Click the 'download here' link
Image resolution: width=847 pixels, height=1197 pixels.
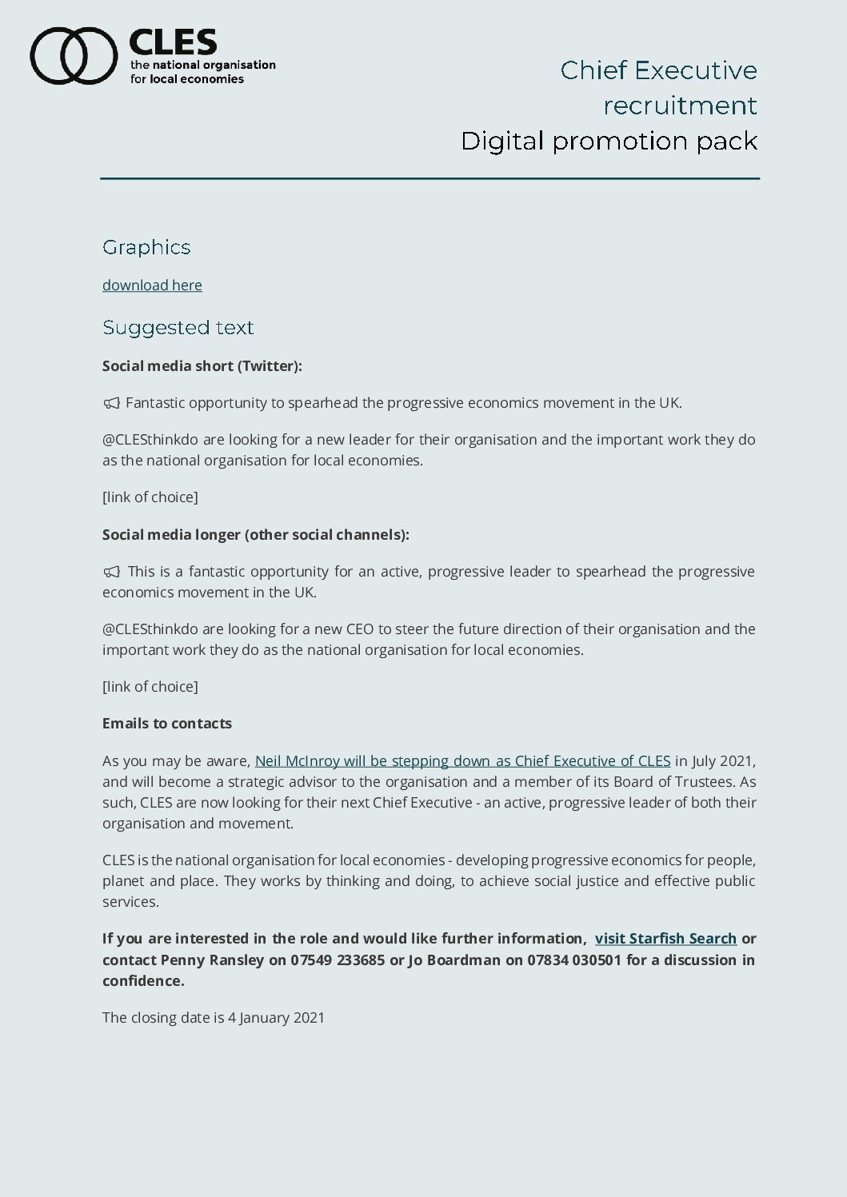pos(152,285)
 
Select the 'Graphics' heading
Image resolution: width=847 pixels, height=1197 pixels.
pos(146,247)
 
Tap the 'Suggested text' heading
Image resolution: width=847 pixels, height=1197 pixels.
pos(178,328)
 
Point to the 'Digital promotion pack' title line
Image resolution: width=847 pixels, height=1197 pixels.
pos(609,141)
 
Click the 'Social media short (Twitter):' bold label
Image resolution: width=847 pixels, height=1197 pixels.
pos(202,366)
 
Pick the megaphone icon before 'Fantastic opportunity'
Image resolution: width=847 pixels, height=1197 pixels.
pos(111,403)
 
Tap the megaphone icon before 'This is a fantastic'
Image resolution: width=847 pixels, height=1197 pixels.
pos(111,572)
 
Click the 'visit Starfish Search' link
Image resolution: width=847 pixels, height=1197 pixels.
pos(665,939)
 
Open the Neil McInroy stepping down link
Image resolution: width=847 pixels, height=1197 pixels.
pos(462,761)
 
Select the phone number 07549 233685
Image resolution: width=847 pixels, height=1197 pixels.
pos(338,960)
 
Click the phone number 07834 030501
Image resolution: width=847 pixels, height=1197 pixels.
pos(573,960)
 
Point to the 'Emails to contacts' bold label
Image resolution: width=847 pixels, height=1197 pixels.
pos(167,724)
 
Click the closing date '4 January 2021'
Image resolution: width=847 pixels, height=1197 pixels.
pos(276,1018)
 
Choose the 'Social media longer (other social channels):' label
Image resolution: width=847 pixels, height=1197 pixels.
pos(256,535)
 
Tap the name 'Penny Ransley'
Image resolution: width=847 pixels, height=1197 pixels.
pos(212,960)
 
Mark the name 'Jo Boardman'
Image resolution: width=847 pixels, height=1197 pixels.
pos(453,960)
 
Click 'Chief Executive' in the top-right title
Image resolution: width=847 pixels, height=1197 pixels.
pos(658,70)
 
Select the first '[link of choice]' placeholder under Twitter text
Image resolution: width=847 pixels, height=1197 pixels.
pos(150,497)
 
